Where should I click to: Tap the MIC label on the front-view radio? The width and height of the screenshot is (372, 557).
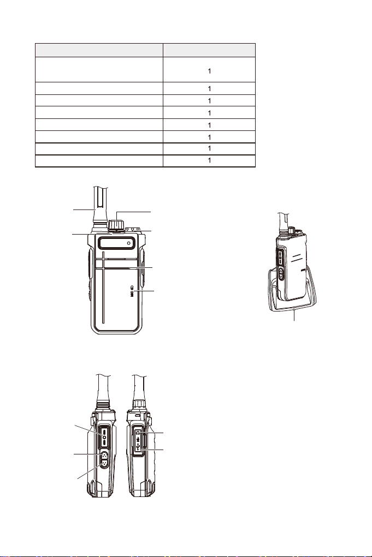coord(131,291)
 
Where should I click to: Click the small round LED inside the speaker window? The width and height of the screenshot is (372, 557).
coord(128,243)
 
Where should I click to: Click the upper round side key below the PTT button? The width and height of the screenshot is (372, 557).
coord(103,456)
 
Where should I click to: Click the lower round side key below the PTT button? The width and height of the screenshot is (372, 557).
coord(103,464)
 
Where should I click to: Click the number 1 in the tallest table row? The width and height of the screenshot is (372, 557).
coord(209,71)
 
